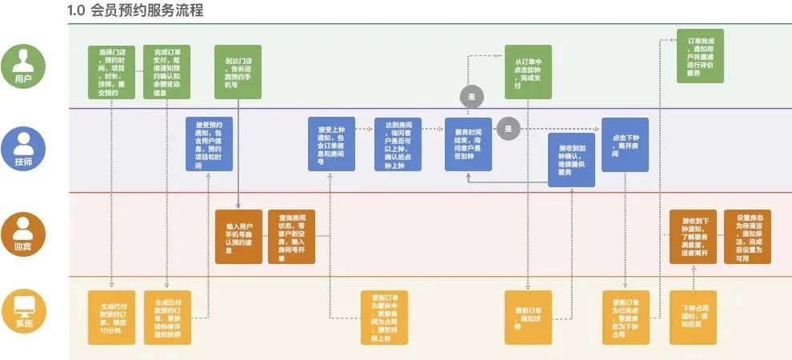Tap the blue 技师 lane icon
[24, 146]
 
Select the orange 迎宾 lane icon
[24, 229]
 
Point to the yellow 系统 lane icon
[24, 310]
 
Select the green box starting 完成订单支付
[166, 72]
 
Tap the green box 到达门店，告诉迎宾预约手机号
[239, 72]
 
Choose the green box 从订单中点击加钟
[528, 72]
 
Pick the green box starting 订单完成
[699, 56]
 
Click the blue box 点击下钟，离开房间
[625, 144]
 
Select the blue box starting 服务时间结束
[468, 144]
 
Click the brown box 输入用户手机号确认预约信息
[239, 236]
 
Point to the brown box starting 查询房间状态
[291, 236]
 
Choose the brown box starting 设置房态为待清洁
[748, 236]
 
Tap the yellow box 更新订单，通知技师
[528, 317]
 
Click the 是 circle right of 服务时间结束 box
[507, 128]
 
